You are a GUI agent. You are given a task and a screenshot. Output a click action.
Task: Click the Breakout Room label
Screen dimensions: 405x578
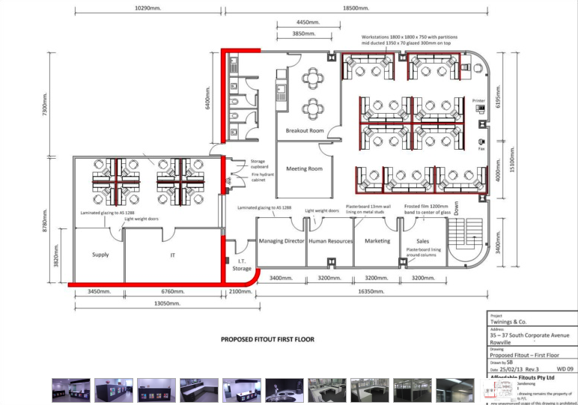(305, 131)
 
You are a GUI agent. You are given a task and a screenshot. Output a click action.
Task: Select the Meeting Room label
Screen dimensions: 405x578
(305, 168)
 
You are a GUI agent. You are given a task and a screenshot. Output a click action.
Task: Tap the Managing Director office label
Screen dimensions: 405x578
(282, 241)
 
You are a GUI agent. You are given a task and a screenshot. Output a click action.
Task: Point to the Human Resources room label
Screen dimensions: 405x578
(330, 241)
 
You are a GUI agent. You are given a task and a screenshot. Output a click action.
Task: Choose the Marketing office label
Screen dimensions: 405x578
(377, 241)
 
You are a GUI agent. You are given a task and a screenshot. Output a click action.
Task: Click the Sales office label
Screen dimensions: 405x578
(423, 241)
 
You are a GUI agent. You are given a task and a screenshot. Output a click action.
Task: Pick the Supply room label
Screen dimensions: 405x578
(100, 255)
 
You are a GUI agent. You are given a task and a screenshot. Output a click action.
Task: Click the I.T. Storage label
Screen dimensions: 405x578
(241, 264)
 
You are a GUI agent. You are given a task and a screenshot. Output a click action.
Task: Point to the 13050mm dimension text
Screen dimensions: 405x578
(167, 304)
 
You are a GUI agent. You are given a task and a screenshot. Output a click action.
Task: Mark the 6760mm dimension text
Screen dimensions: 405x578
(172, 290)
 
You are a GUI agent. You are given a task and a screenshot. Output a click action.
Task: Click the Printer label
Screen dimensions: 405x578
(478, 100)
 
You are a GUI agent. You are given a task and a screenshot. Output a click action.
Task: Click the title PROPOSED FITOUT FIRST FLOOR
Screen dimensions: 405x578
(267, 339)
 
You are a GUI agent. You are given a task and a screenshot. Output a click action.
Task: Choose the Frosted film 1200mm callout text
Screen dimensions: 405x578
(427, 209)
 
